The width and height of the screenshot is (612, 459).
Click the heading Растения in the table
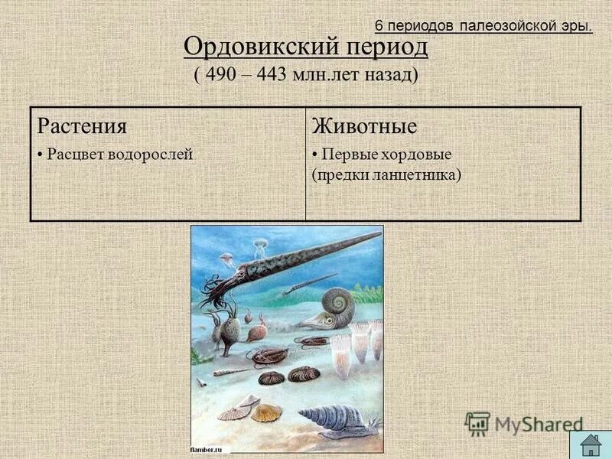click(82, 126)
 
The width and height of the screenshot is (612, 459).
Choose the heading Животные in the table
click(363, 126)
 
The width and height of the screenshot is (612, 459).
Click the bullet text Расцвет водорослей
click(119, 154)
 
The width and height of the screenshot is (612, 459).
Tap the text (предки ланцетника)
click(386, 174)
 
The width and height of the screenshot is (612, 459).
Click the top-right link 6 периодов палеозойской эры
click(483, 26)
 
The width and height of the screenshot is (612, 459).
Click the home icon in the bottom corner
click(590, 444)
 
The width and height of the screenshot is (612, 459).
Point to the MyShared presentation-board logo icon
click(477, 423)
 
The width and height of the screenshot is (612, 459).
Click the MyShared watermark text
click(539, 425)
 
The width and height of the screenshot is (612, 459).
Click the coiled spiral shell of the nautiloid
click(337, 302)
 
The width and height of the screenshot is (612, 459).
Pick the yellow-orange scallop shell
click(265, 413)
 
